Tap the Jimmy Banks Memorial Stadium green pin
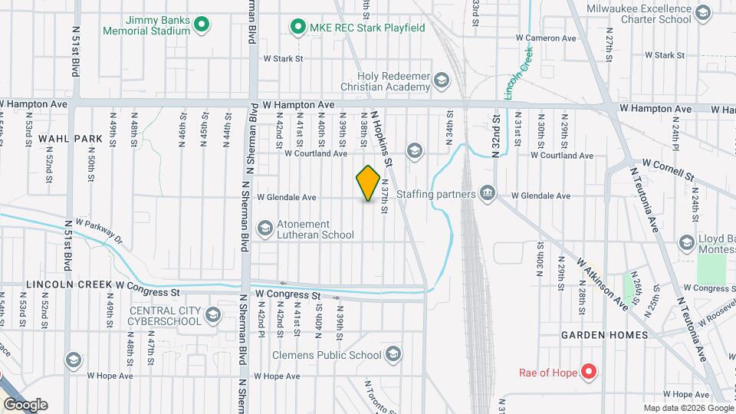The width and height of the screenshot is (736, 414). (x=202, y=25)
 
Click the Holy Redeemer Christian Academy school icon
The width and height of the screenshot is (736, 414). (x=441, y=80)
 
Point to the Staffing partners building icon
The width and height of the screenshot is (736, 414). (x=487, y=194)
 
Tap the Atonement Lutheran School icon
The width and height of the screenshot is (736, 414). (x=265, y=228)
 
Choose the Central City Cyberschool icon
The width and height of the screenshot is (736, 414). (x=212, y=314)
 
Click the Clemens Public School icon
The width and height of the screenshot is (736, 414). (x=393, y=354)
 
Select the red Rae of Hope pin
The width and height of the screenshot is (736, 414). (x=589, y=373)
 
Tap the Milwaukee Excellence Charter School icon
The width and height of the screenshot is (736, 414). (x=702, y=13)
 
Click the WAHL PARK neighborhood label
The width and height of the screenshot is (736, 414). (x=71, y=139)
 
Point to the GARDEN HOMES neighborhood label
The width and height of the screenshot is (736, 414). (x=604, y=335)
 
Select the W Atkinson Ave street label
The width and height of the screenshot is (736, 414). (x=603, y=284)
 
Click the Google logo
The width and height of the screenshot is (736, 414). (x=25, y=405)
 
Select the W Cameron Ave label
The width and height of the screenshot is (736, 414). (x=546, y=37)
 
